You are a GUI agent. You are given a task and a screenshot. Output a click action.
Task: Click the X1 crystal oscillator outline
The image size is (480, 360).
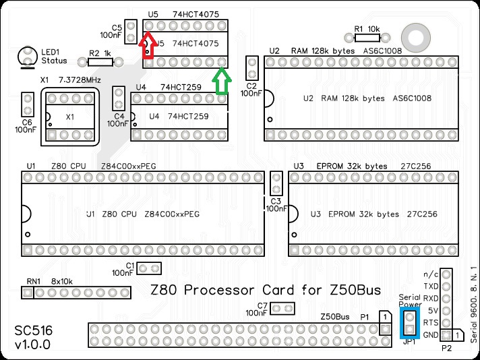point(69,117)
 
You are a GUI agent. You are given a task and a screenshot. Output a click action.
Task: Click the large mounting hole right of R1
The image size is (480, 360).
point(411,34)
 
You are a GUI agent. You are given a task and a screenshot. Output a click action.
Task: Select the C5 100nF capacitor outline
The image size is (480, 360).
point(132,30)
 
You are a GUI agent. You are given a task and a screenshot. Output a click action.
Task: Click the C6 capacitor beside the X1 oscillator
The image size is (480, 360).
point(27,104)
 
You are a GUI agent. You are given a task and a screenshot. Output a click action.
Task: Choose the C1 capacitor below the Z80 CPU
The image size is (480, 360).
point(148,269)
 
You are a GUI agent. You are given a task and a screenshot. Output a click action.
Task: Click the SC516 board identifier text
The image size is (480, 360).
point(32,331)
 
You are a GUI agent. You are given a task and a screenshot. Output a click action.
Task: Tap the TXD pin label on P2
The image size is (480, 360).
point(431,286)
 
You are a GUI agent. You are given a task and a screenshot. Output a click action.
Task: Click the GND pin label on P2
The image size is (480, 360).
point(431,334)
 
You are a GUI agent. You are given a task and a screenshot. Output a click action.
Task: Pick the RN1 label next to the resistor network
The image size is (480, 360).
point(34,281)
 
